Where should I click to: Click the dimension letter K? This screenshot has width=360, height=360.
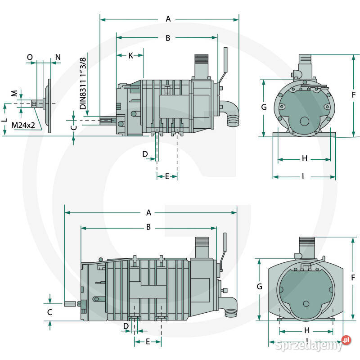coord(130,55)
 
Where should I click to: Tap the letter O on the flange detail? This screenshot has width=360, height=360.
coord(30,57)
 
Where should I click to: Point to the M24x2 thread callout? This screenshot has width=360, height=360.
coord(24,125)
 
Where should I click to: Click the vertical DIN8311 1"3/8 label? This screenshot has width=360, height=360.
coord(83,83)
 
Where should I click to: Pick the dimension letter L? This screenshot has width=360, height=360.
coord(4,120)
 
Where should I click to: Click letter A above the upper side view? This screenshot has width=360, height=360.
coord(169,19)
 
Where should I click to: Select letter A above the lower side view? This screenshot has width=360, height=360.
coord(149,212)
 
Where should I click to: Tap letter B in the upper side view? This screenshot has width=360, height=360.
coord(168,38)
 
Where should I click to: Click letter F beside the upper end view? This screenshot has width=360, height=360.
coord(354,94)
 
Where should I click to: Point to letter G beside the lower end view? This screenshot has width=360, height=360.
coord(260,286)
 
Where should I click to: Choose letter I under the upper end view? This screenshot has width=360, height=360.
coord(303,176)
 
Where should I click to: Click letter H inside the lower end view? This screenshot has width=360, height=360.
coord(307,330)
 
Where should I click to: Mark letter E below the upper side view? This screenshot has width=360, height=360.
coord(167,176)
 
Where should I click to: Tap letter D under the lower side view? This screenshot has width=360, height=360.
coord(126,325)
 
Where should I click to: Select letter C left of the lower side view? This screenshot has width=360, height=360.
coord(50,311)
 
